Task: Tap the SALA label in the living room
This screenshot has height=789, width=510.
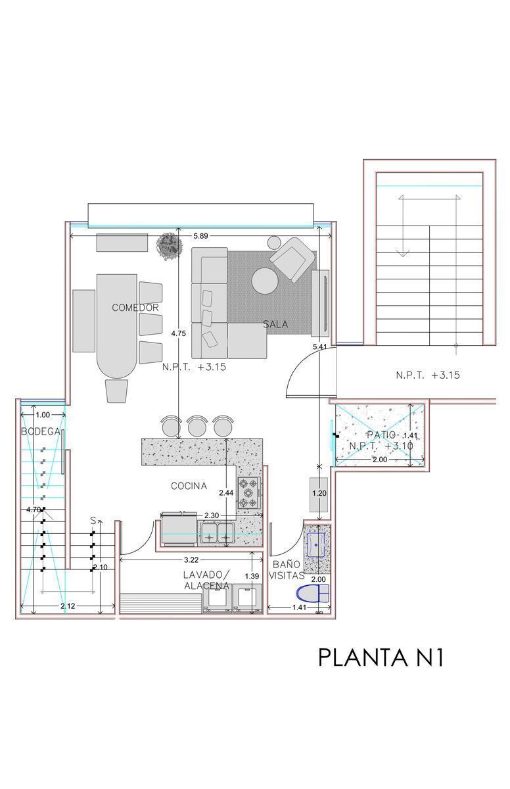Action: click(275, 323)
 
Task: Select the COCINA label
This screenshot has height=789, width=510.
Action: click(189, 486)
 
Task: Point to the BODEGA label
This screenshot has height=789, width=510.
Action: click(41, 431)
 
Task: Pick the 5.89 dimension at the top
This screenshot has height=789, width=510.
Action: click(200, 236)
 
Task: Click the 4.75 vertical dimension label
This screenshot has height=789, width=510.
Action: click(179, 333)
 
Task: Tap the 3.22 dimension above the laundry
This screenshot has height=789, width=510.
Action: click(191, 560)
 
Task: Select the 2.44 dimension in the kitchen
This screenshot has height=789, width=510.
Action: click(226, 492)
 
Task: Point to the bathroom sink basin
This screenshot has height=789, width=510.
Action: click(317, 544)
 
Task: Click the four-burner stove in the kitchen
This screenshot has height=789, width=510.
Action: click(250, 492)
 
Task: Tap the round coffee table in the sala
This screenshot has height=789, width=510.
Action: click(266, 281)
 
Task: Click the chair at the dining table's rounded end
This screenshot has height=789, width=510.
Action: click(116, 391)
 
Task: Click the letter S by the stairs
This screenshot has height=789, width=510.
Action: click(93, 521)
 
